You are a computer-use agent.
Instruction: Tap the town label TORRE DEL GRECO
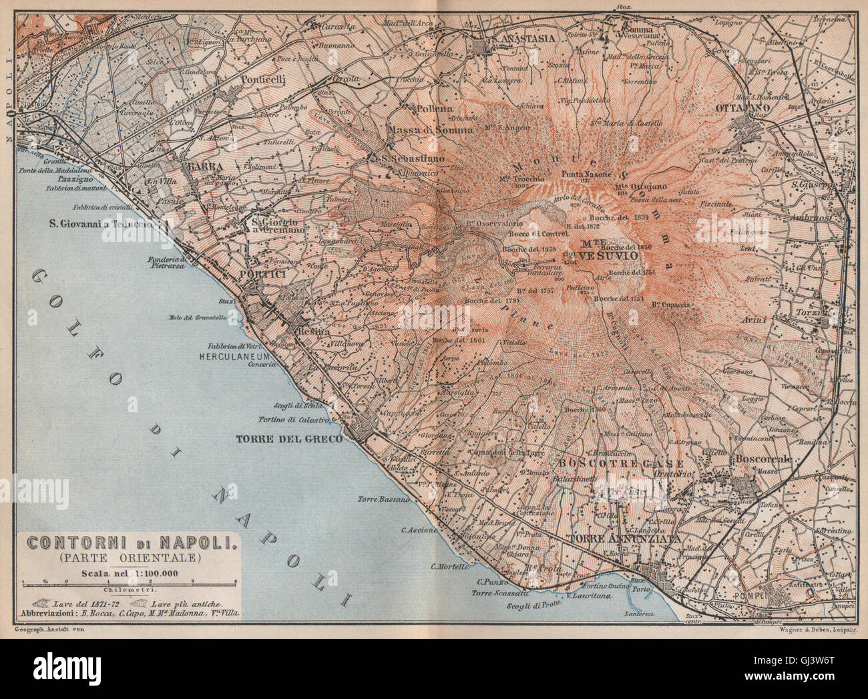pos(288,439)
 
